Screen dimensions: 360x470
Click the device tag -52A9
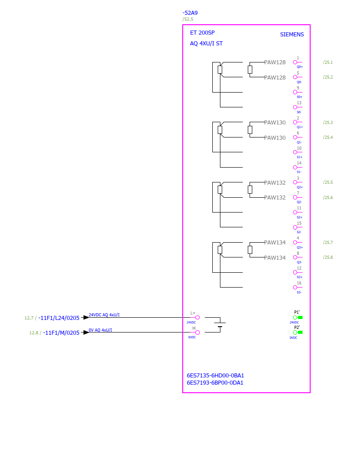[190, 13]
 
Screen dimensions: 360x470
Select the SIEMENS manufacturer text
[292, 35]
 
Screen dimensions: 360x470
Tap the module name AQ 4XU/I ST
[206, 44]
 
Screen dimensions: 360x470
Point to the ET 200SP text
[202, 33]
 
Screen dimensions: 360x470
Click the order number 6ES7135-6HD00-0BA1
[215, 375]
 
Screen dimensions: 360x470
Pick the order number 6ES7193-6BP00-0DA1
[215, 382]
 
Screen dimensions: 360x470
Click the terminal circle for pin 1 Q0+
[295, 62]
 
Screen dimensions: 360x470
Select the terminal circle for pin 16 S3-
[295, 288]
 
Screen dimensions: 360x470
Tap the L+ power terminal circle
[198, 317]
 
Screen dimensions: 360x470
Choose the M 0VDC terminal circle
[198, 333]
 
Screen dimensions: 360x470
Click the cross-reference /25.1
[328, 62]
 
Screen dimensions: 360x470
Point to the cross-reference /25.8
[328, 257]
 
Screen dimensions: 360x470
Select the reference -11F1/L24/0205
[59, 318]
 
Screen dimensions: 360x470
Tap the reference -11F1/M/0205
[61, 333]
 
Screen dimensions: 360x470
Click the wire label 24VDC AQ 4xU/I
[104, 315]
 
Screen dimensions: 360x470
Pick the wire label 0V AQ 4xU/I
[101, 330]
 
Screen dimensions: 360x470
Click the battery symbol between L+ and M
[220, 324]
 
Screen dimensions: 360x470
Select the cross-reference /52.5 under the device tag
[188, 19]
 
